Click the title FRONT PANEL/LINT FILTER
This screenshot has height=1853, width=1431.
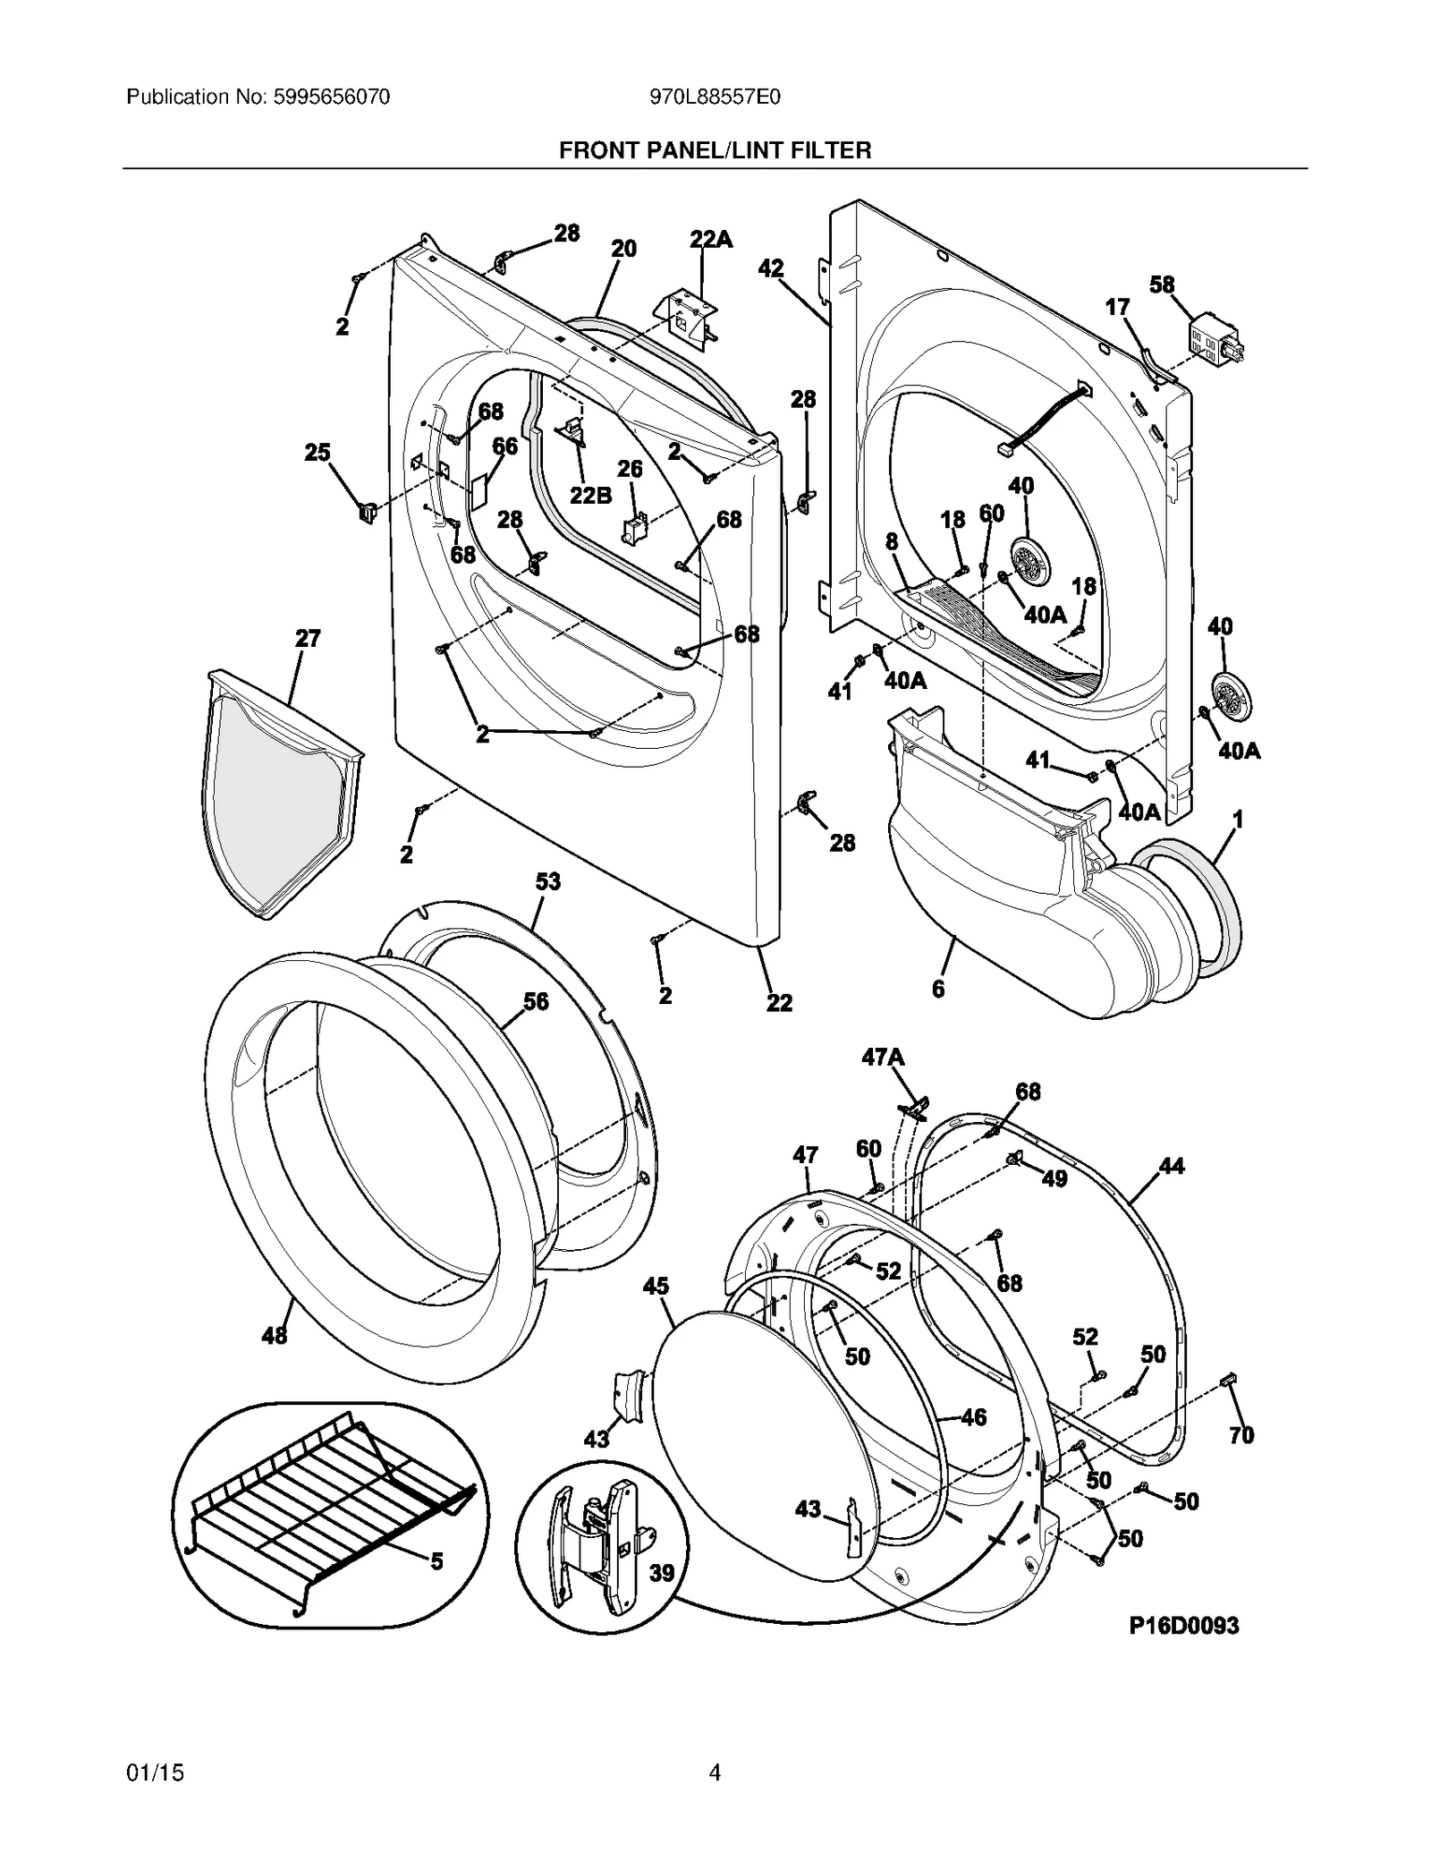click(715, 150)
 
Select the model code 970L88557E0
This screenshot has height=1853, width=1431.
click(715, 97)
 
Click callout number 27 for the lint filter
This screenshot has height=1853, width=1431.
click(308, 638)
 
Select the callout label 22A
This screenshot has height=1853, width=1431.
click(710, 239)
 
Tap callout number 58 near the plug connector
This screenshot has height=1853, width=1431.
click(1162, 285)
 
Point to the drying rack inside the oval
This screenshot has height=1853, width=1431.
click(331, 1512)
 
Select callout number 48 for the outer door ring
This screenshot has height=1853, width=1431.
click(274, 1360)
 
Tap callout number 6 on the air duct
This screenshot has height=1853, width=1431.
click(937, 989)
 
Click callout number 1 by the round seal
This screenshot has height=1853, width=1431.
click(1238, 819)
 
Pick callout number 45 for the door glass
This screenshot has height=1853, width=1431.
click(656, 1286)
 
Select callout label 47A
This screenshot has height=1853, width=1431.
click(883, 1058)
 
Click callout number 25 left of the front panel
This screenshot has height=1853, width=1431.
click(318, 453)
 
